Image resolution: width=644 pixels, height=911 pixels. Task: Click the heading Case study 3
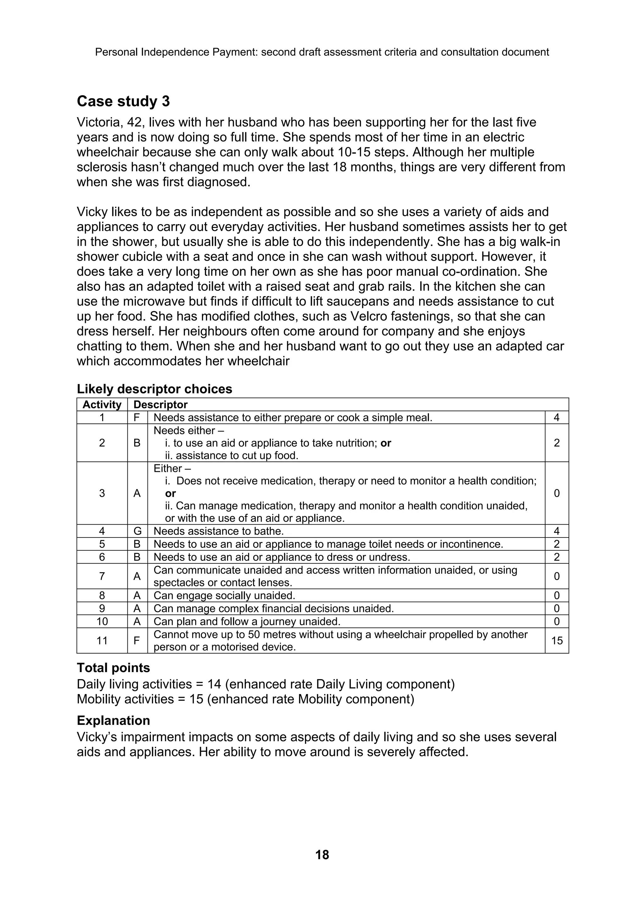point(123,102)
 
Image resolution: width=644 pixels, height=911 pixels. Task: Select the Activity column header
point(102,405)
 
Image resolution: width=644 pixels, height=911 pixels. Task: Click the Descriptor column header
point(160,405)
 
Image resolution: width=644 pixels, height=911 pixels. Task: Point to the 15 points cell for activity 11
point(557,641)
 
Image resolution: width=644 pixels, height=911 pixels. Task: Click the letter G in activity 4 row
point(137,531)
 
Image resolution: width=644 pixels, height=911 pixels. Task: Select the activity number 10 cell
point(102,621)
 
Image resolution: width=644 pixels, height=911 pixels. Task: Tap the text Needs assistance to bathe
point(219,531)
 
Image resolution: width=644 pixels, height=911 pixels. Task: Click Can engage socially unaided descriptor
point(224,596)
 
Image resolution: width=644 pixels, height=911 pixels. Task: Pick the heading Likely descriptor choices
point(154,389)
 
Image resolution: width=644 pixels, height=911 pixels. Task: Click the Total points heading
point(113,668)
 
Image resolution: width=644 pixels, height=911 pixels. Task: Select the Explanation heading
point(113,721)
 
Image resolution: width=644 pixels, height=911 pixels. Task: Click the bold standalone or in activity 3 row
point(170,494)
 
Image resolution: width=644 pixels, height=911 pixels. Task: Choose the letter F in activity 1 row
point(137,418)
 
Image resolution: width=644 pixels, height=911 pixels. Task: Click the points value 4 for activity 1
point(557,418)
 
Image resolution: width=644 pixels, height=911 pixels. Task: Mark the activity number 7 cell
point(102,576)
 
